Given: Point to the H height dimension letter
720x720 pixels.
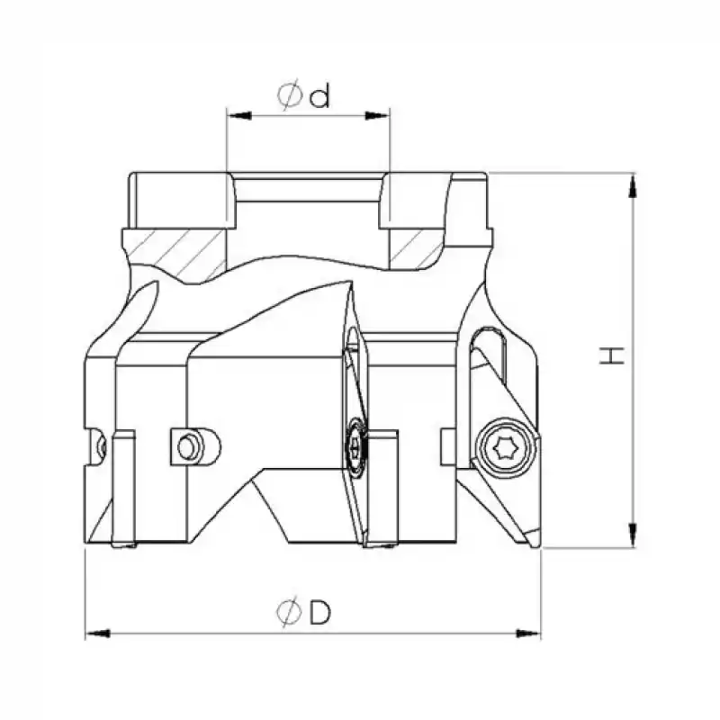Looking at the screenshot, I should coord(613,356).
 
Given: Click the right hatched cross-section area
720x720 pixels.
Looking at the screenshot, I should coord(417,247).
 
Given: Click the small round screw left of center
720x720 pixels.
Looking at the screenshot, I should coord(187,445).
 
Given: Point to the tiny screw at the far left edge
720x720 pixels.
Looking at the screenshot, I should coord(102,444).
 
